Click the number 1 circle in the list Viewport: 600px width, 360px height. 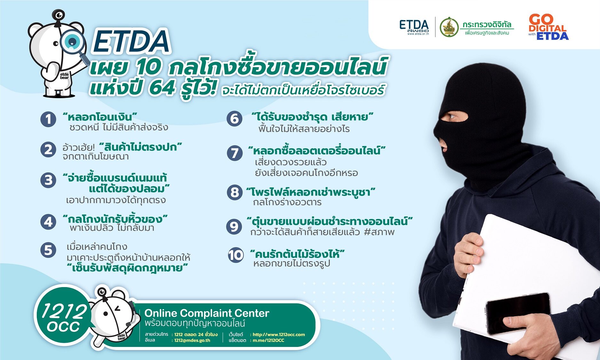[x=48, y=119]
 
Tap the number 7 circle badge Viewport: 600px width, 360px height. [x=235, y=153]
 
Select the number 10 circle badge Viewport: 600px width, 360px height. [x=236, y=255]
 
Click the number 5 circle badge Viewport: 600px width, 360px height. [x=48, y=250]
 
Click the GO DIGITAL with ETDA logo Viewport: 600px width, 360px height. [x=548, y=27]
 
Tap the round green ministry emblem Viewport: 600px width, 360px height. [x=449, y=27]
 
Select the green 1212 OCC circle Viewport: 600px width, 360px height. [x=63, y=317]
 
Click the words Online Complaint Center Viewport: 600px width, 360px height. [x=207, y=313]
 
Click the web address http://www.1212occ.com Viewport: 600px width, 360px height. [x=279, y=334]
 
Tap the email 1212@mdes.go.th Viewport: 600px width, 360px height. [x=192, y=340]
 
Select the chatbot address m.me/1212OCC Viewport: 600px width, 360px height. [x=268, y=340]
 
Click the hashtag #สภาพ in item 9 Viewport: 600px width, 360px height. [x=379, y=232]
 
